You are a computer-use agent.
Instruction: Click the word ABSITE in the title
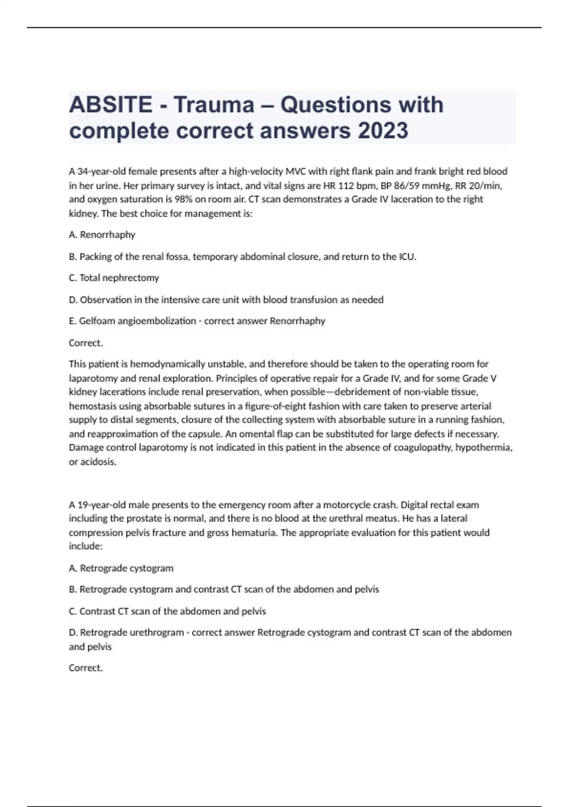coord(110,105)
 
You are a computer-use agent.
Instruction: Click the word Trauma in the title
coord(213,105)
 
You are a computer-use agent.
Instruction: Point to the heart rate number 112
coord(345,186)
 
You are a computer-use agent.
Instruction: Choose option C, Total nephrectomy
coord(114,278)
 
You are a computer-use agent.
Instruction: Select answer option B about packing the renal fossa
coord(242,257)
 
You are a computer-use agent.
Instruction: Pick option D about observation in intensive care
coord(226,300)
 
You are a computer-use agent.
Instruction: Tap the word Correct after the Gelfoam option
coord(85,343)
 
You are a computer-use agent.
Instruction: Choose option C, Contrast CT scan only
coord(167,611)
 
